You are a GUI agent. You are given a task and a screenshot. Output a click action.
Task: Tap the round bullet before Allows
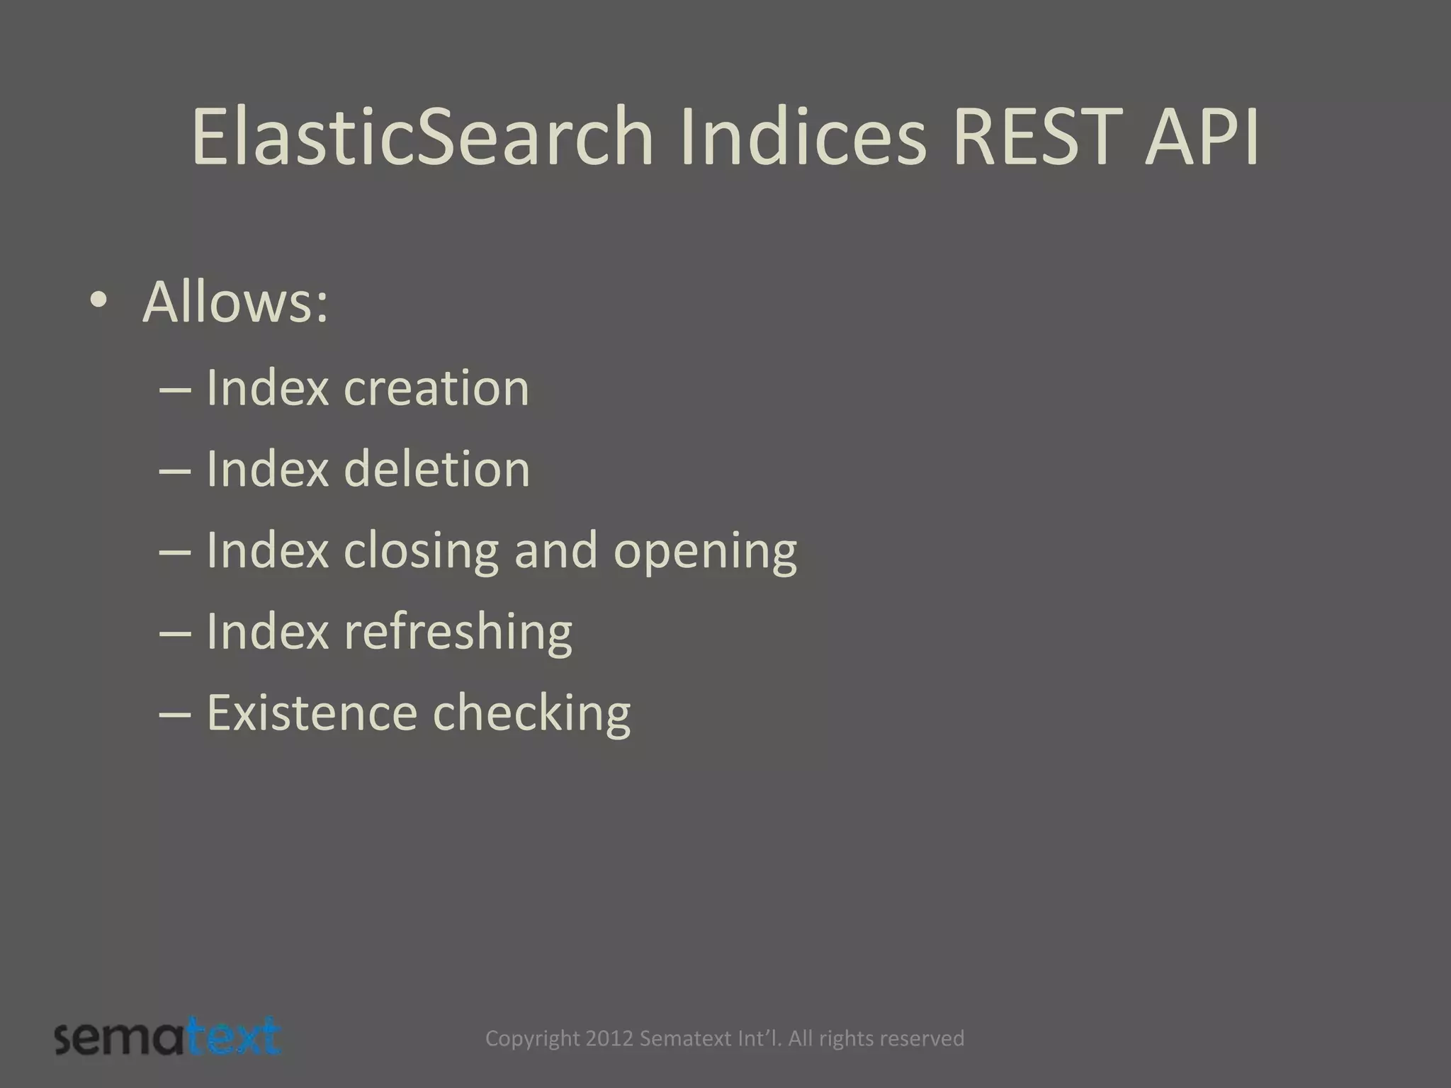click(98, 302)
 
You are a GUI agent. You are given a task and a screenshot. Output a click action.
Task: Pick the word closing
click(422, 550)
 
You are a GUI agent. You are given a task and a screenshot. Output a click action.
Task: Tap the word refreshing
click(458, 632)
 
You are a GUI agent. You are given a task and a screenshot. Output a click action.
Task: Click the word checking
click(531, 713)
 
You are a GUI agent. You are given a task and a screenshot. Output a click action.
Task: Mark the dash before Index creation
click(176, 390)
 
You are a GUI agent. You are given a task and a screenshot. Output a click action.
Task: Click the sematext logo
click(168, 1038)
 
